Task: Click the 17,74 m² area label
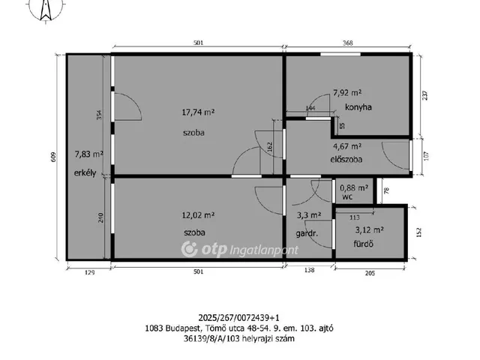[198, 112]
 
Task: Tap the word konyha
[358, 107]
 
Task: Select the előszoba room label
[346, 159]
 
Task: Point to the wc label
[347, 196]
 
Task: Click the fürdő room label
[363, 244]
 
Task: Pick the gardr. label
[307, 234]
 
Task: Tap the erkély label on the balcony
[85, 173]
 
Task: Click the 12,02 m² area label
[198, 215]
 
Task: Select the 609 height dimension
[54, 157]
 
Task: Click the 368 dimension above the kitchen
[348, 43]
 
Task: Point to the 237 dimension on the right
[425, 95]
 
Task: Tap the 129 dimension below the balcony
[89, 272]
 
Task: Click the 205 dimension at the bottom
[370, 273]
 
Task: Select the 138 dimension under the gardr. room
[309, 270]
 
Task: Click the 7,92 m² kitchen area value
[347, 93]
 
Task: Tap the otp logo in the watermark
[204, 249]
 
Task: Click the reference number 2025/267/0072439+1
[239, 317]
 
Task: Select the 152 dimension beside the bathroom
[419, 232]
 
